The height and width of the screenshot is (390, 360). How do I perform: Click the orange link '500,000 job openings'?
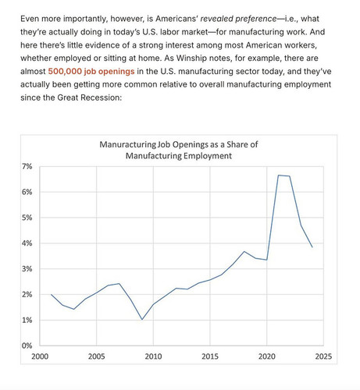point(91,71)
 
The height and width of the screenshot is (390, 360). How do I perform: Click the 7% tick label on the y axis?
point(27,166)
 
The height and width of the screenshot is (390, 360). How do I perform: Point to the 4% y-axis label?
point(27,243)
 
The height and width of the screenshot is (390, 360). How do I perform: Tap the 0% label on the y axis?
point(27,346)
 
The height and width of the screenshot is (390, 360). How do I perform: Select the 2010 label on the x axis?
point(153,356)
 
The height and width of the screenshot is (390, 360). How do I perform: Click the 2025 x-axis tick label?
point(323,356)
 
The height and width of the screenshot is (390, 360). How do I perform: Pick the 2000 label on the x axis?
point(40,356)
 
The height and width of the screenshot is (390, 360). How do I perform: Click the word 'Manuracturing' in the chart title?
point(127,144)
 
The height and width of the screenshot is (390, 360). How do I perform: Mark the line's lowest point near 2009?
point(142,320)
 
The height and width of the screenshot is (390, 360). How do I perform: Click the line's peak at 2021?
point(278,175)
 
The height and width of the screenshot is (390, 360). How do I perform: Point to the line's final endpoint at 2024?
point(312,247)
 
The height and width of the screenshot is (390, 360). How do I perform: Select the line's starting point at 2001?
point(51,294)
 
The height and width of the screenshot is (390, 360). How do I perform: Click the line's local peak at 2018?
point(244,251)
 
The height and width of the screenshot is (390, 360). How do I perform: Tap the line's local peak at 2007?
point(119,283)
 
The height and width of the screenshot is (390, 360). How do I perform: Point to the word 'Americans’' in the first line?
point(177,19)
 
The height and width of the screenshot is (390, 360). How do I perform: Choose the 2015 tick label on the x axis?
point(210,356)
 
